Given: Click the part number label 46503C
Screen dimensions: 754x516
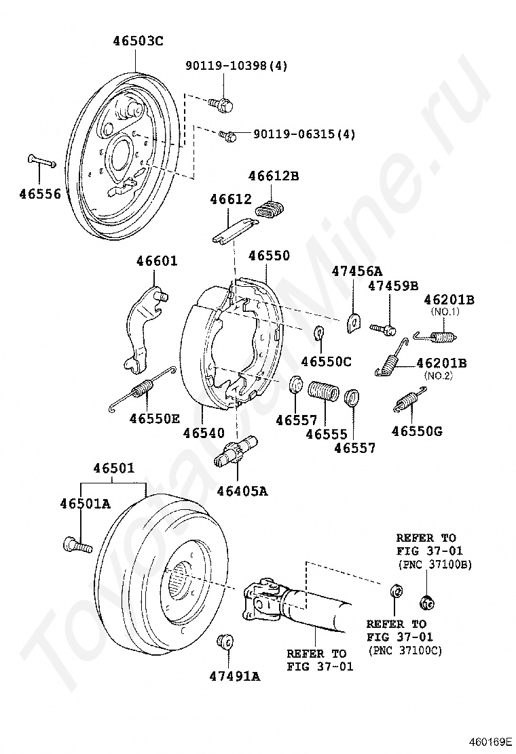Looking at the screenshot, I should pyautogui.click(x=138, y=41).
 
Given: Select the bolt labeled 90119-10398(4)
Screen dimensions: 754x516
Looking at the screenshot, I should pyautogui.click(x=223, y=103).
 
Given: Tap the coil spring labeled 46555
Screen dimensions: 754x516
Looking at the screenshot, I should pyautogui.click(x=323, y=392).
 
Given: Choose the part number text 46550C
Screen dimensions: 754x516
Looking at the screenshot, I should pyautogui.click(x=326, y=361).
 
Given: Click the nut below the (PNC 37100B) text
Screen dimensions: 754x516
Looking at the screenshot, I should pyautogui.click(x=426, y=601).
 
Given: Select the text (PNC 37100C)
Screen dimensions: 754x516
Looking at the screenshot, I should pyautogui.click(x=405, y=650).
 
